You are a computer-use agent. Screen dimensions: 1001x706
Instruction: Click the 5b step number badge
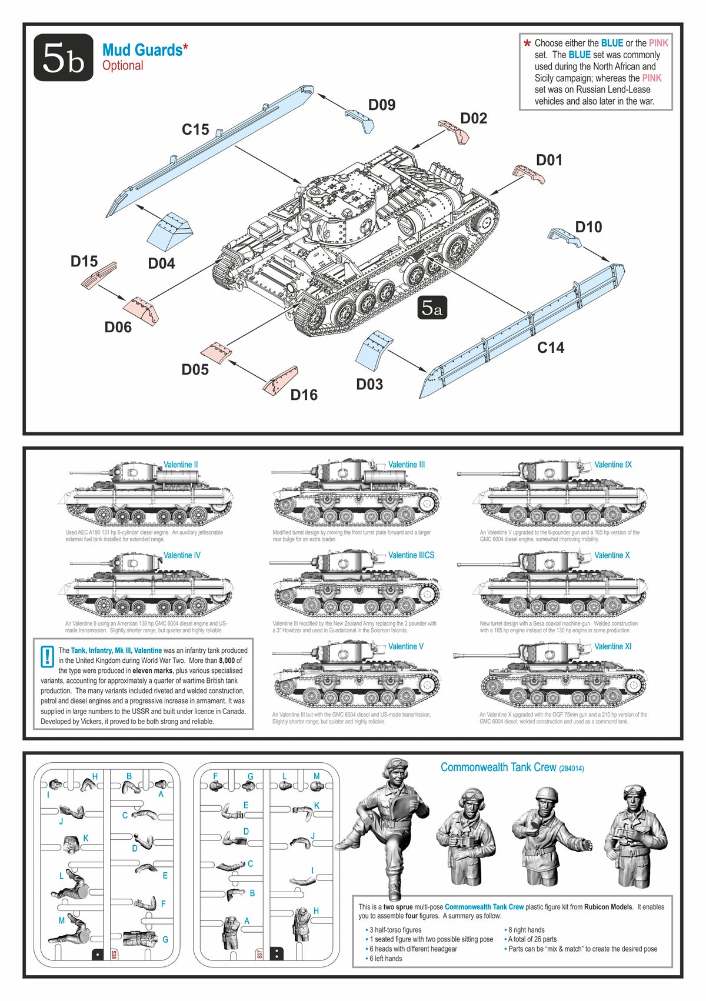[x=64, y=58]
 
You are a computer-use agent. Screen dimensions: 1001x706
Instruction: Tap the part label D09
[x=382, y=105]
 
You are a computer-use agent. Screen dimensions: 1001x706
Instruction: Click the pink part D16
[x=281, y=381]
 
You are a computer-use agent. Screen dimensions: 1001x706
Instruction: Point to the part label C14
[x=551, y=348]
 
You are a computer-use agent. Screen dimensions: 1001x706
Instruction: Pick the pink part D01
[x=528, y=175]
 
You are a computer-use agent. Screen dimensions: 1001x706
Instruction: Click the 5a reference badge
[x=432, y=308]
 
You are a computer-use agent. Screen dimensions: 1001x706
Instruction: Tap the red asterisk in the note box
[x=527, y=44]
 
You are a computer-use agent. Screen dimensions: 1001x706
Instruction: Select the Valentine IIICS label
[x=411, y=555]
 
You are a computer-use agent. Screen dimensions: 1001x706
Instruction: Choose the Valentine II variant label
[x=181, y=465]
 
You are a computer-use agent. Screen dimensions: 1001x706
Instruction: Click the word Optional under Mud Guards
[x=123, y=66]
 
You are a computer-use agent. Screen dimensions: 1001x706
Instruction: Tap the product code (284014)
[x=571, y=769]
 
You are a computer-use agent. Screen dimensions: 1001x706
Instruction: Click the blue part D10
[x=564, y=236]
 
